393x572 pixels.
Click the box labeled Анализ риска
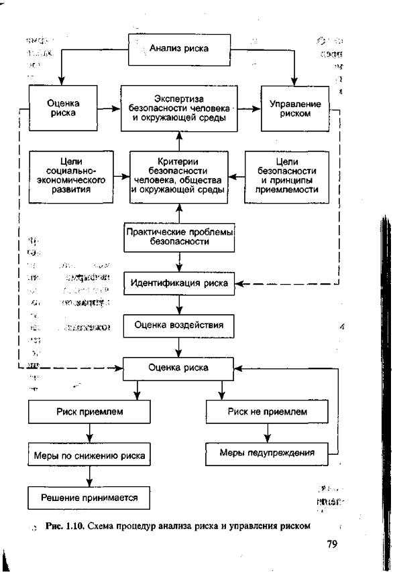point(178,48)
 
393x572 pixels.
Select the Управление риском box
point(295,109)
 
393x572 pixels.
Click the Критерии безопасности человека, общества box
point(179,176)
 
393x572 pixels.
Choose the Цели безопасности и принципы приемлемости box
point(287,176)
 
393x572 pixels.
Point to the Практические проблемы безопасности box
point(179,236)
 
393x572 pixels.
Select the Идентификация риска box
point(179,283)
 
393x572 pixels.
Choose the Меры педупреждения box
point(267,453)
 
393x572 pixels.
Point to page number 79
point(331,544)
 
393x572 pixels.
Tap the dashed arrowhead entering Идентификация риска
point(241,283)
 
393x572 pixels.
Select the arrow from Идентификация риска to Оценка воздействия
point(179,305)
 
